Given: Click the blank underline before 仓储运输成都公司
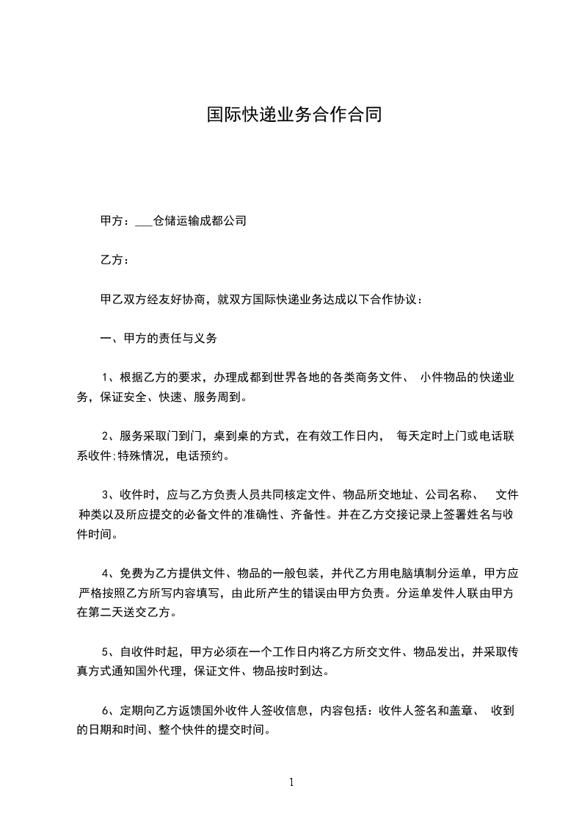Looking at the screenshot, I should click(x=144, y=220).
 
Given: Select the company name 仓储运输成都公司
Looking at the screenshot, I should click(x=199, y=220).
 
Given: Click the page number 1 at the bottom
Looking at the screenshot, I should click(x=291, y=781).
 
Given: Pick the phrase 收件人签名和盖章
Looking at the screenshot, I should click(x=428, y=710).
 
